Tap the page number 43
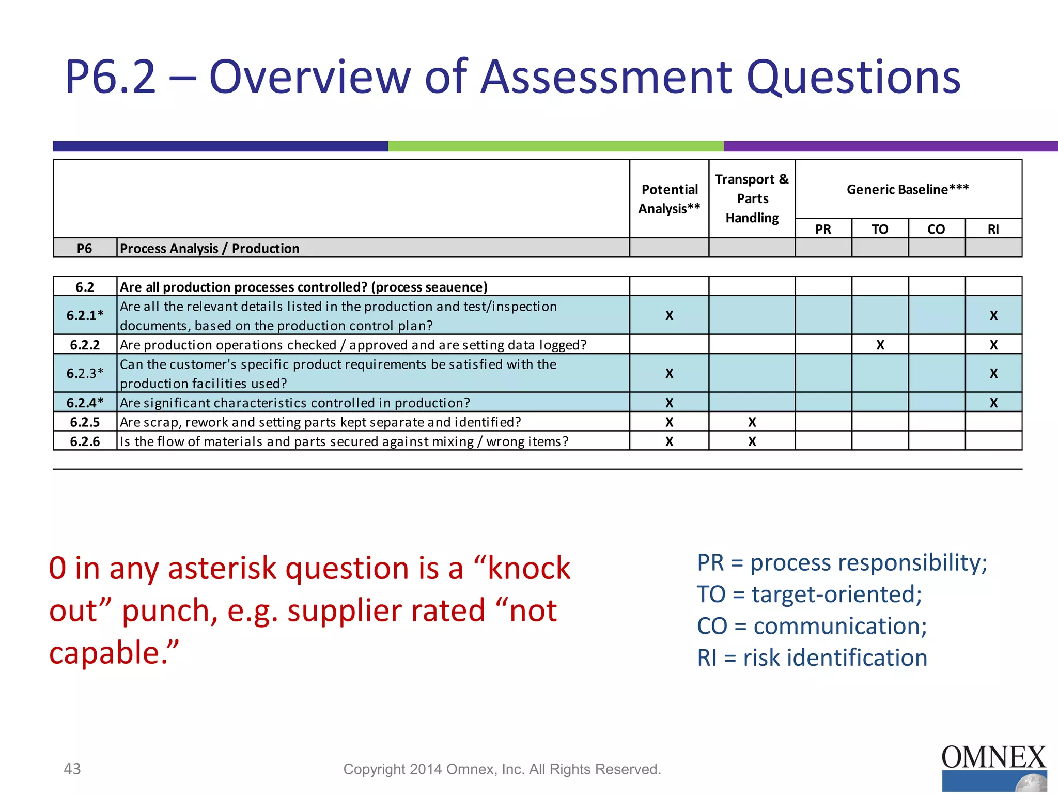72,769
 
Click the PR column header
823,229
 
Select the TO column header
880,229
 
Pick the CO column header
936,229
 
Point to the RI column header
993,229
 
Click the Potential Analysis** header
669,199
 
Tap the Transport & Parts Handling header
752,198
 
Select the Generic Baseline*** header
908,189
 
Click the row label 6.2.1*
85,315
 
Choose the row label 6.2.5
85,422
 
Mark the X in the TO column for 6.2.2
880,345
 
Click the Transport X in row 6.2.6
752,441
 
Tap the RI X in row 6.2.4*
993,403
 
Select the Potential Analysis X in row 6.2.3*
669,373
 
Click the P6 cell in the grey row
85,249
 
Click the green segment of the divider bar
555,146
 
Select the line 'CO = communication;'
812,626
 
